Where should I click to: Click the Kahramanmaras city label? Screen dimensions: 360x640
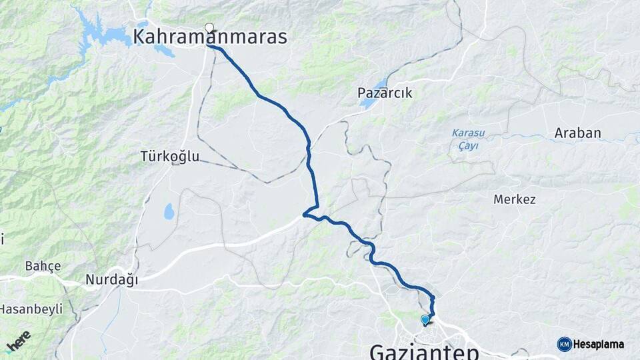(210, 37)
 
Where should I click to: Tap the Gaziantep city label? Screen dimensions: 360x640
(423, 351)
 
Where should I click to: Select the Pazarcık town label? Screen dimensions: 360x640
(385, 94)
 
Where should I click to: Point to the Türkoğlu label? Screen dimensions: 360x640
(169, 157)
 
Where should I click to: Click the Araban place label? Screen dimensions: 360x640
(577, 133)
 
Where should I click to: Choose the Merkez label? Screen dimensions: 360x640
(514, 199)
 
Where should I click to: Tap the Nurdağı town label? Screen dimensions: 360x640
(111, 281)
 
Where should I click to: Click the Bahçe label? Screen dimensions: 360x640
(43, 267)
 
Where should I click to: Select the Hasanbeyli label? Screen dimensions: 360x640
(31, 309)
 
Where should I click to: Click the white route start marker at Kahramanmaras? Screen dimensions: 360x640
(209, 28)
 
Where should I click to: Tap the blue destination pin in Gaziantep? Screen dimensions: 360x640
(425, 320)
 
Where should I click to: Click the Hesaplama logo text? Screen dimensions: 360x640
(599, 345)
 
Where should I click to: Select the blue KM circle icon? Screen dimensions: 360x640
(564, 344)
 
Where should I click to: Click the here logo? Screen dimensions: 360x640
(18, 341)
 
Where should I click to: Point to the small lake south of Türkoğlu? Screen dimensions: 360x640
(169, 212)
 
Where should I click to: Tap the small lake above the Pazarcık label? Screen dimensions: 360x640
(381, 84)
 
